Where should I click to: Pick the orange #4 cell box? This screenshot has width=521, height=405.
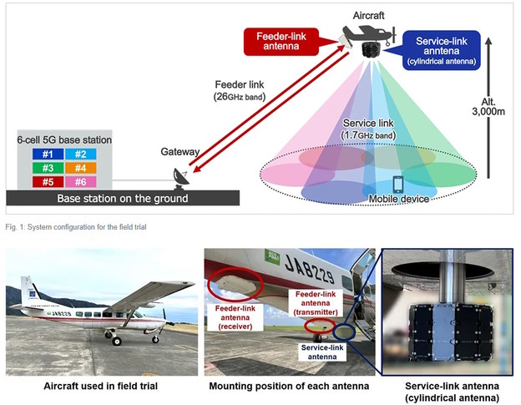(x=81, y=168)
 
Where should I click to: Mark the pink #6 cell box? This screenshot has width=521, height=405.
(x=81, y=182)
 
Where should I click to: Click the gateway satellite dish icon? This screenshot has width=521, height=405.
(x=181, y=177)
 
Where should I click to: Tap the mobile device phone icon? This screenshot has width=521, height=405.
(x=397, y=184)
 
